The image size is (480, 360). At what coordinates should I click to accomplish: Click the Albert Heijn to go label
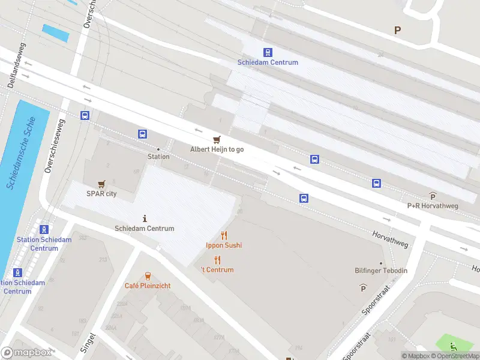(x=217, y=149)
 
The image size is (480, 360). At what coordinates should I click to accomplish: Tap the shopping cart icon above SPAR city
(x=101, y=184)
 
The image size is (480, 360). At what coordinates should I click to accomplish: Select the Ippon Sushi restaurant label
(x=224, y=245)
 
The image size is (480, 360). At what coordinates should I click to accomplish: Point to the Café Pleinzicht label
(x=148, y=286)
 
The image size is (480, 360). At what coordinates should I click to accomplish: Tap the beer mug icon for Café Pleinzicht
(x=147, y=276)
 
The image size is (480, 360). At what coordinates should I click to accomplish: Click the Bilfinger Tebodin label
(x=381, y=271)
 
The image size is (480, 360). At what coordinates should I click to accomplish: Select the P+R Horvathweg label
(x=433, y=205)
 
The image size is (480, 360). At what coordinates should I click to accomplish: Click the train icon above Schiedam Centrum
(x=268, y=53)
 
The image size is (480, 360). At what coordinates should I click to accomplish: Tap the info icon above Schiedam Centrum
(x=145, y=218)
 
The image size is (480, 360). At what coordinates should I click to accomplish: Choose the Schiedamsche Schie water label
(x=22, y=154)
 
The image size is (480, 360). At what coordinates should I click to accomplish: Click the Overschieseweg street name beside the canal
(x=55, y=145)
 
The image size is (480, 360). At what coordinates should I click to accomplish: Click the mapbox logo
(x=26, y=352)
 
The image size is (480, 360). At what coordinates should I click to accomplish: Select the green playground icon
(x=454, y=346)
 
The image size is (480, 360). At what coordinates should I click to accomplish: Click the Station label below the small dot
(x=158, y=157)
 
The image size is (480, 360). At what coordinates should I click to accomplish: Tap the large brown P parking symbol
(x=397, y=30)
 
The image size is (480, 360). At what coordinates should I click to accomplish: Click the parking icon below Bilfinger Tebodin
(x=363, y=288)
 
